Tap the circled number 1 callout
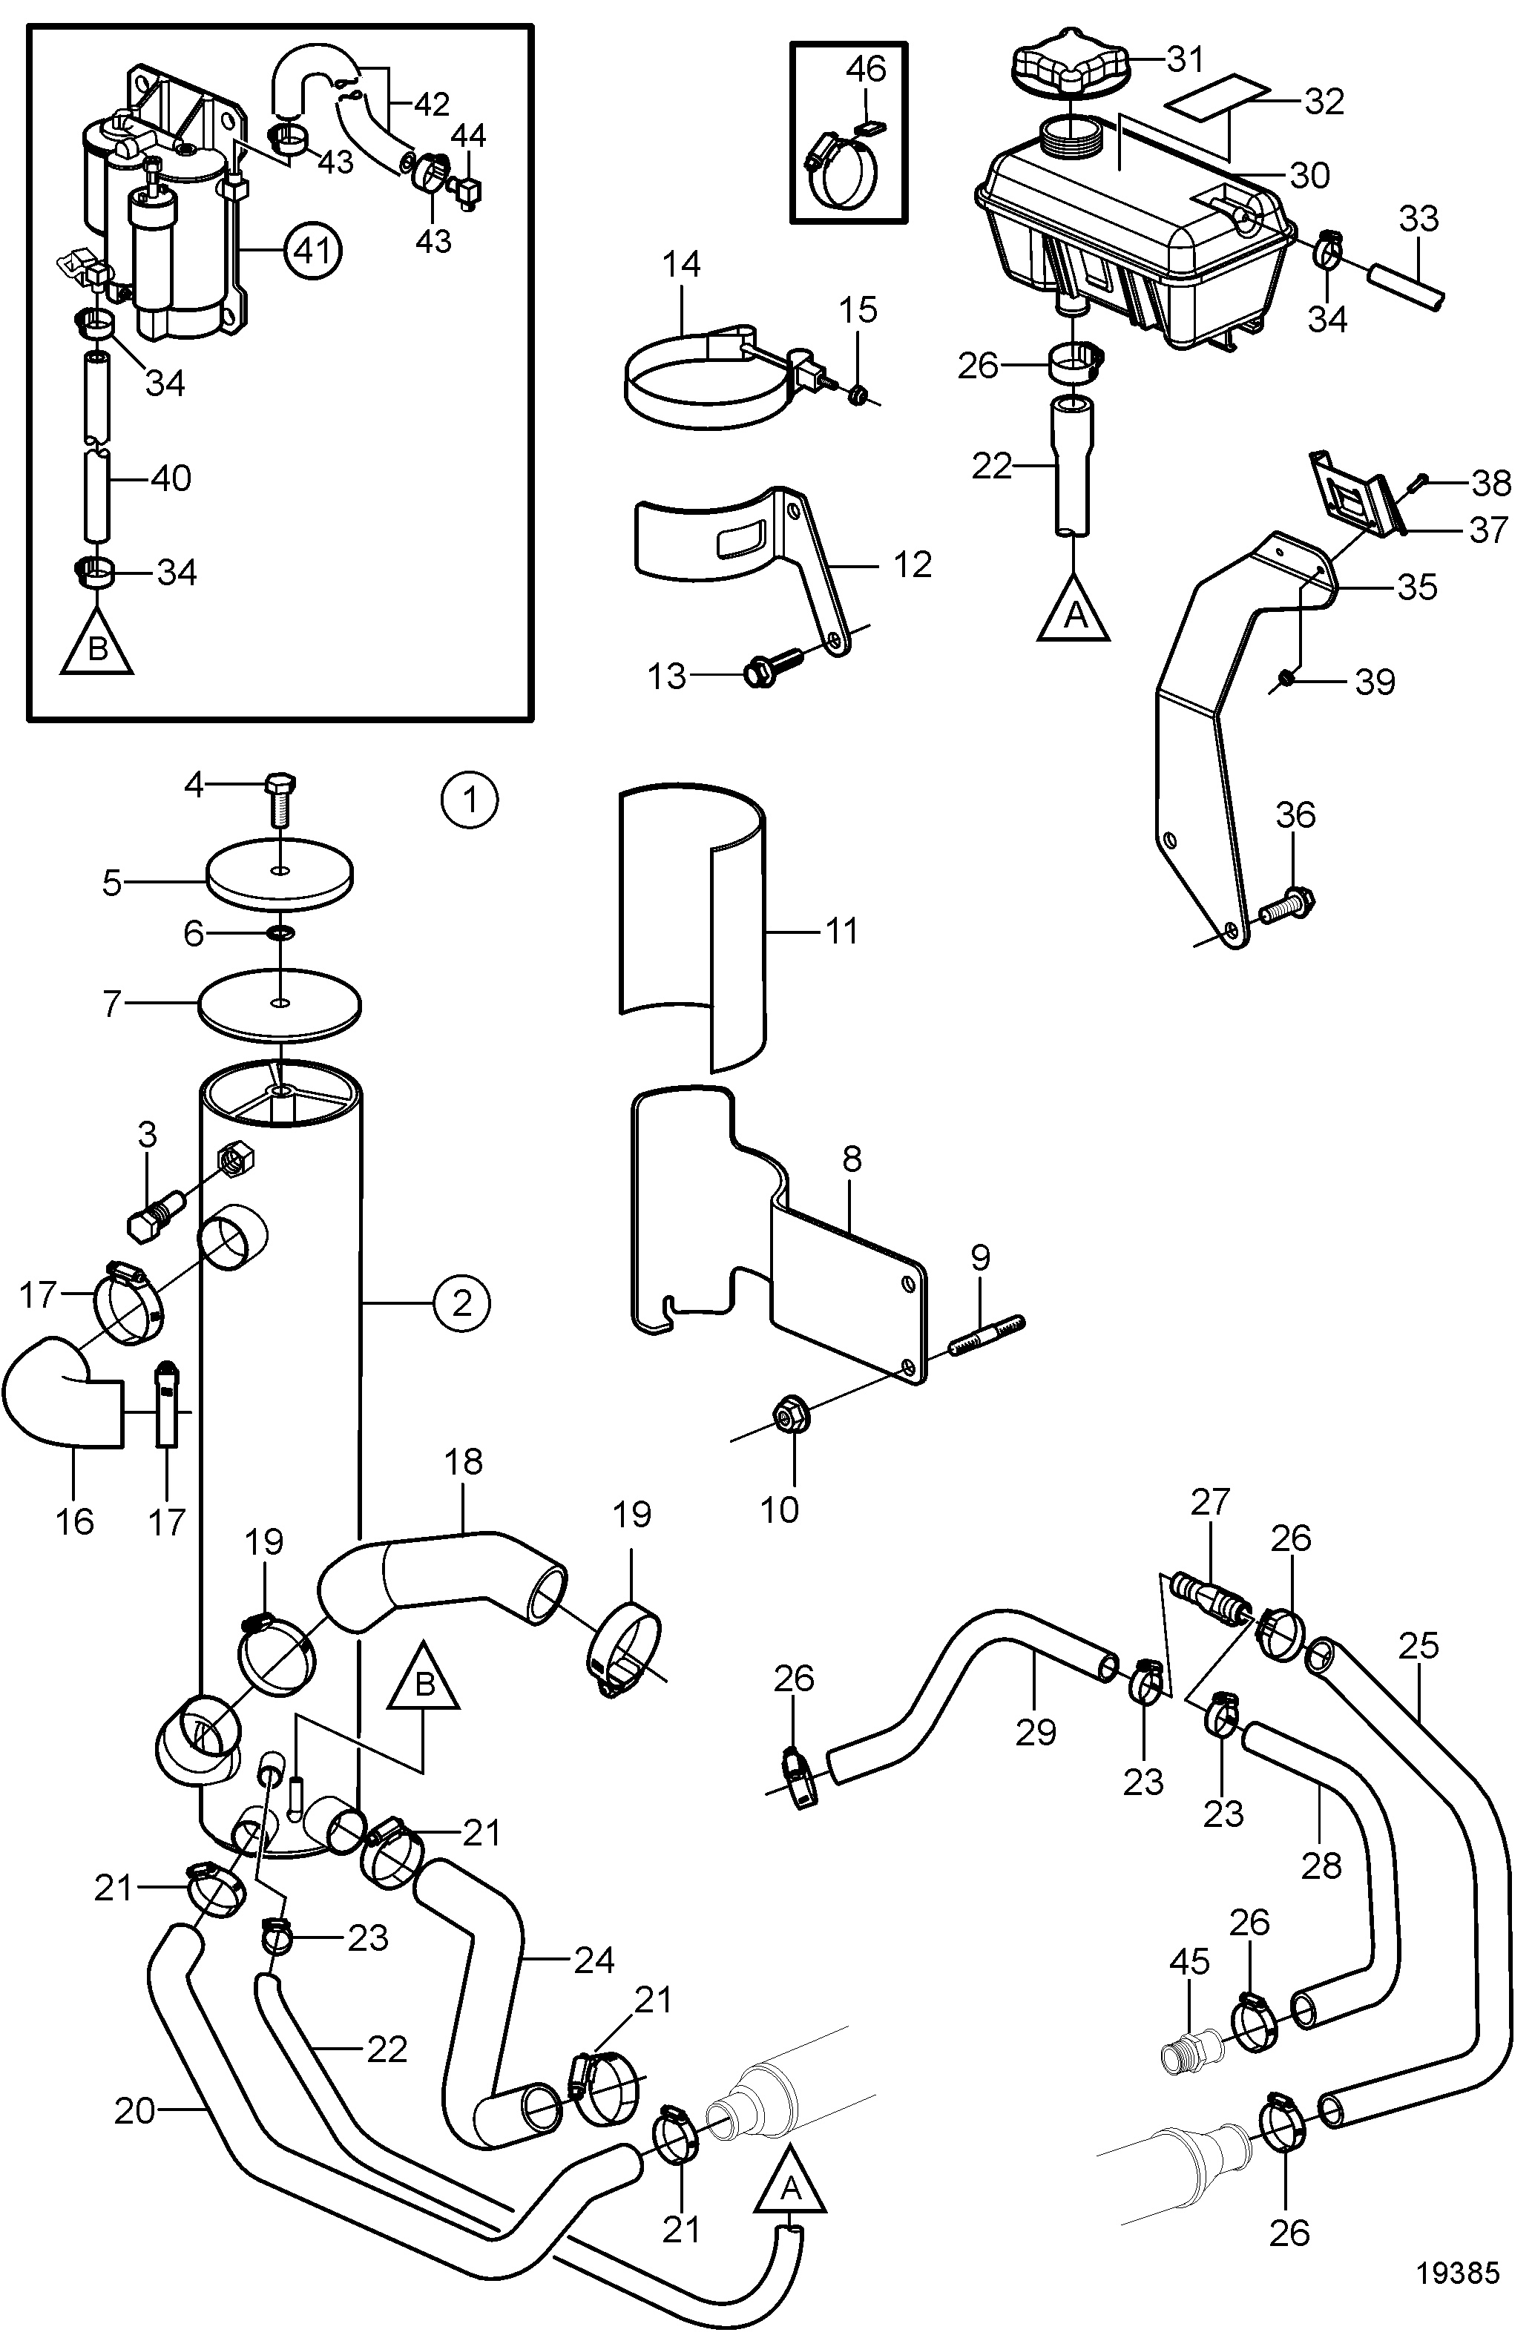469,800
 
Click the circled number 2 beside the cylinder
461,1303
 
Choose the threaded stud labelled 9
987,1334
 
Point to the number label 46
866,69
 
